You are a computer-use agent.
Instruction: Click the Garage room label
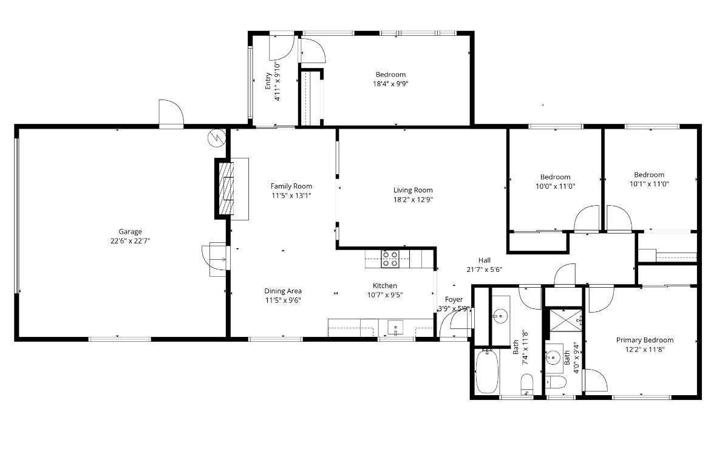point(130,232)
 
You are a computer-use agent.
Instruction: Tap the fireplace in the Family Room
point(226,189)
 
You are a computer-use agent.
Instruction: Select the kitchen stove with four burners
point(390,259)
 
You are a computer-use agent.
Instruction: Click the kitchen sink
point(395,328)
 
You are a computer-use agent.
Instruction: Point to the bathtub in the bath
point(487,372)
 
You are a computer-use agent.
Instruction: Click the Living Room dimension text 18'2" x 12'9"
point(413,200)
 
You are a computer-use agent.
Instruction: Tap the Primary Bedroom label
point(645,340)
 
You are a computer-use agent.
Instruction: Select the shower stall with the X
point(564,319)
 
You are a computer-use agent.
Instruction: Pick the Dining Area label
point(283,291)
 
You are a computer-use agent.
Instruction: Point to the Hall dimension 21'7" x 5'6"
point(485,270)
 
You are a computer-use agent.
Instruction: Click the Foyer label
point(454,299)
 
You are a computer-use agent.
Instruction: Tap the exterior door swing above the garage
point(171,113)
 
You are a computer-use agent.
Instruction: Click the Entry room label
point(268,81)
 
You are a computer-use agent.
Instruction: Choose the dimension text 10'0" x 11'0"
point(555,186)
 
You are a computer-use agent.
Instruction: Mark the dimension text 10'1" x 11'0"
point(649,184)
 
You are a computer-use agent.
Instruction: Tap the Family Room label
point(291,186)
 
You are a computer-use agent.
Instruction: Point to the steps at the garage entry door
point(219,259)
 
